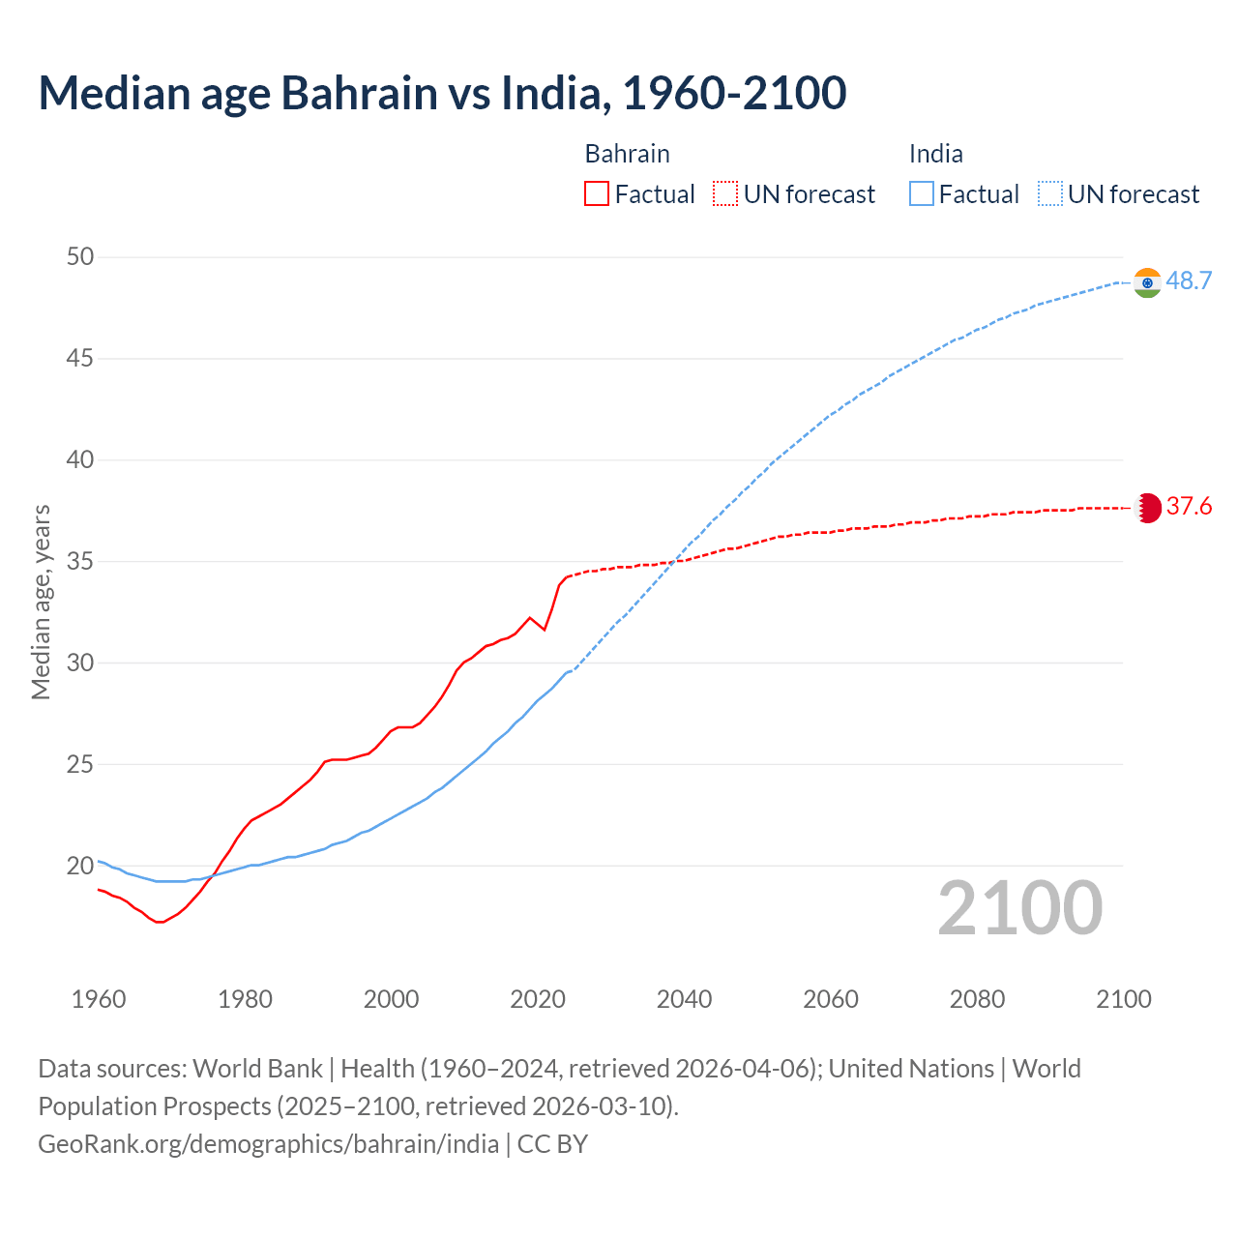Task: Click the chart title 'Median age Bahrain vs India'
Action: [442, 93]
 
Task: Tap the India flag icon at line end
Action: [1147, 282]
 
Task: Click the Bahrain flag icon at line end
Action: [1147, 508]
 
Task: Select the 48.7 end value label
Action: [1189, 281]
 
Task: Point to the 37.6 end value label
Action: [1189, 507]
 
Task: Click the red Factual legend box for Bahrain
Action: [597, 194]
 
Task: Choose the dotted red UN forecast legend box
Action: [725, 194]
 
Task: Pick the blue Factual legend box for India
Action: [922, 194]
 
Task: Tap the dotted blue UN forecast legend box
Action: [1050, 194]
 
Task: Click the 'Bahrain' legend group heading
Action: [627, 154]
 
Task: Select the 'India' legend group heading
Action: [935, 154]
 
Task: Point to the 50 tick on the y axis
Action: [80, 257]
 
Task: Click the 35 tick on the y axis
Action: [80, 561]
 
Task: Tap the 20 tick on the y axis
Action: [80, 866]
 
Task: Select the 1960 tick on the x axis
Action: [99, 999]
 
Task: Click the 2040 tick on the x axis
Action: [684, 999]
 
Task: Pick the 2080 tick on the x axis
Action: [977, 999]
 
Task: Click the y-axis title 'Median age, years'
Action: [41, 602]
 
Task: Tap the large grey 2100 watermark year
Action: [1019, 908]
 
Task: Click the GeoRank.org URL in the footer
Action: [268, 1144]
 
